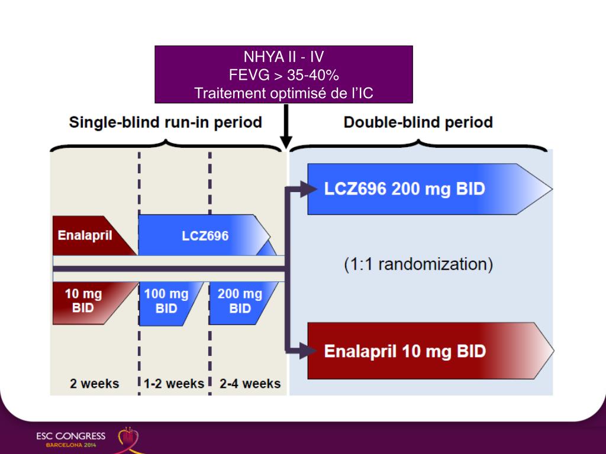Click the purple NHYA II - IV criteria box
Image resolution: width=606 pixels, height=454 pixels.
283,74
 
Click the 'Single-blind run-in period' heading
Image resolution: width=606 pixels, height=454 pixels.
165,123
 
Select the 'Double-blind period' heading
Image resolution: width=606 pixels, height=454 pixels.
418,123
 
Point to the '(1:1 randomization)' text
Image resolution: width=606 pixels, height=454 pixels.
418,264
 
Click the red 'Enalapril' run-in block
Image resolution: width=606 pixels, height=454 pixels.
89,235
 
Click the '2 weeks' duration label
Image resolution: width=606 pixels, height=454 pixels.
94,384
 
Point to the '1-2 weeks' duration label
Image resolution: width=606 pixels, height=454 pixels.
173,384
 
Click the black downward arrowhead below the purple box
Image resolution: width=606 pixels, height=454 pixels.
286,142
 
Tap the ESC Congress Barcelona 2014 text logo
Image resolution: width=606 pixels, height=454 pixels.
70,439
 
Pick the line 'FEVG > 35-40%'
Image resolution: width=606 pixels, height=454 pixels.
283,75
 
